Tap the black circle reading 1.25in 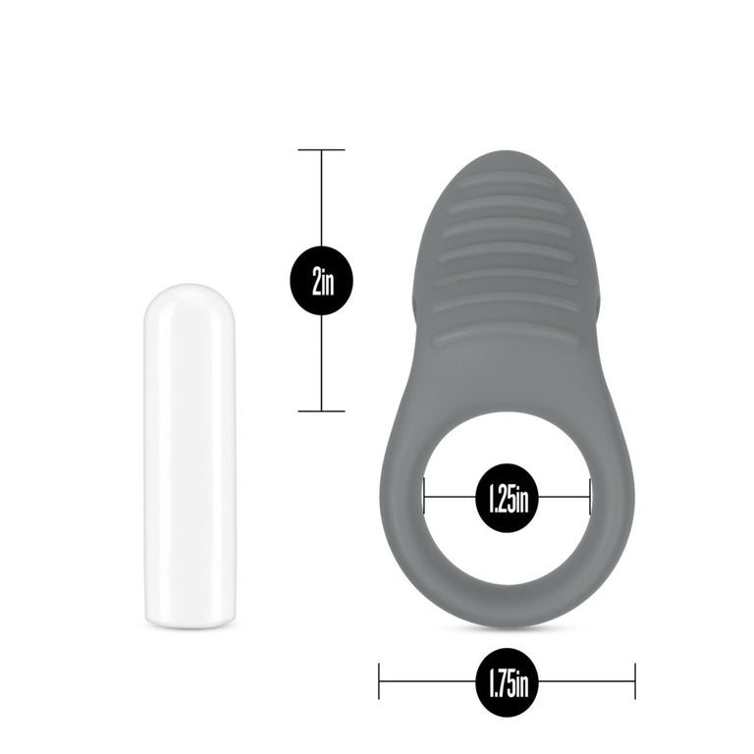(x=507, y=498)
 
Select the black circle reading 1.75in (x=507, y=680)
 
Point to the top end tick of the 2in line (x=321, y=150)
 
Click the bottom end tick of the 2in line (x=321, y=410)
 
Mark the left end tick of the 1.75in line (x=379, y=680)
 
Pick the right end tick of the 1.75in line (x=635, y=680)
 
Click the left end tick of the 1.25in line (x=424, y=496)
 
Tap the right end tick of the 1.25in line (x=590, y=496)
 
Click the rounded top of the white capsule (x=190, y=292)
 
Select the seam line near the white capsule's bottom (x=190, y=568)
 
